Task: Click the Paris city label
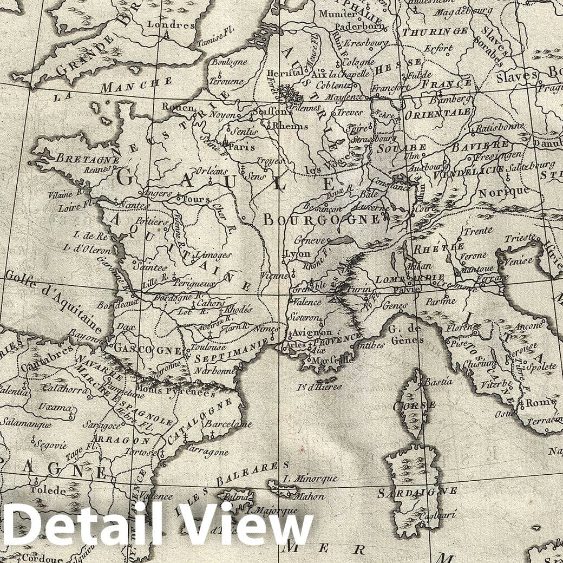[241, 146]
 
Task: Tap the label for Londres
[178, 25]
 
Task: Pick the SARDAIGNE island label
[417, 492]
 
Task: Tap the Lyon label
[297, 253]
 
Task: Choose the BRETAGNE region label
[87, 160]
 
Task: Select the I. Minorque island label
[311, 479]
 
